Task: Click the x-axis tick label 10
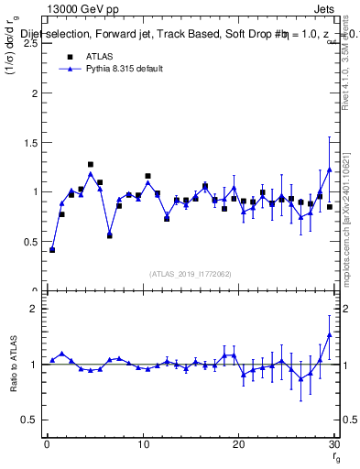143,445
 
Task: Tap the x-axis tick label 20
238,445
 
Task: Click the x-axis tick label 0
47,445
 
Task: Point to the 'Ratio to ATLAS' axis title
14,365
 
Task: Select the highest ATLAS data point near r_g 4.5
91,165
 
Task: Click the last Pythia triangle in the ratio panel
329,335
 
